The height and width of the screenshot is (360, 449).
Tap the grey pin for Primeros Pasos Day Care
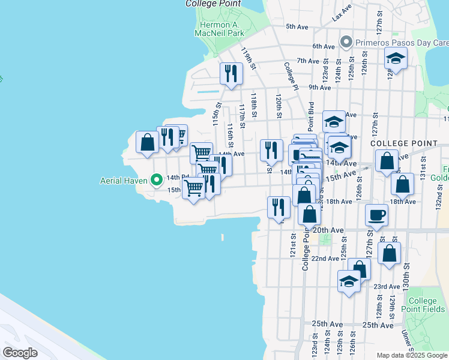tap(346, 42)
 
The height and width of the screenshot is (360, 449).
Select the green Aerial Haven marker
tap(157, 179)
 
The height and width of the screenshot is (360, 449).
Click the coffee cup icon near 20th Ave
tap(377, 214)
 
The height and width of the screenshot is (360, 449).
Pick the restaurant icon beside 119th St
tap(231, 74)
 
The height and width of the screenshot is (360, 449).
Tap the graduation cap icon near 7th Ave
tap(396, 58)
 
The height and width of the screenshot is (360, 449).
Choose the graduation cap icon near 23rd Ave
tap(349, 281)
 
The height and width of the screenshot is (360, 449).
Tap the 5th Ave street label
tap(297, 26)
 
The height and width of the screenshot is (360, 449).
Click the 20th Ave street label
tap(328, 230)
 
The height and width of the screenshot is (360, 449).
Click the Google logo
tap(20, 352)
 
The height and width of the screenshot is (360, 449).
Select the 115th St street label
tap(217, 114)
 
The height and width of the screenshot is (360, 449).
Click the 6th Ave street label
tap(323, 46)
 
